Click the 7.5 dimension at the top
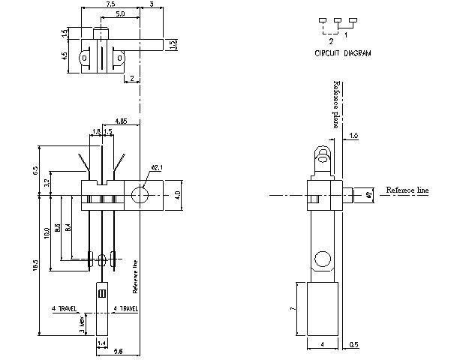click(x=110, y=4)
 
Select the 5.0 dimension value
click(x=120, y=14)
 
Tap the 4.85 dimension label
click(x=126, y=121)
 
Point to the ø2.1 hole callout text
click(x=158, y=166)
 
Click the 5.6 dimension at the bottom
click(x=119, y=350)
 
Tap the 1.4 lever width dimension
click(x=102, y=343)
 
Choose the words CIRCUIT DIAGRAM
click(x=342, y=54)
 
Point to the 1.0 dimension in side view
click(x=353, y=136)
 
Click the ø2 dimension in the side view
click(x=368, y=195)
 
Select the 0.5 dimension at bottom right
click(x=353, y=344)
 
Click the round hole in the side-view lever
click(x=321, y=259)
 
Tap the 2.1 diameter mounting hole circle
click(x=139, y=196)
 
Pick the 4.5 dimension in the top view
click(x=65, y=55)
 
